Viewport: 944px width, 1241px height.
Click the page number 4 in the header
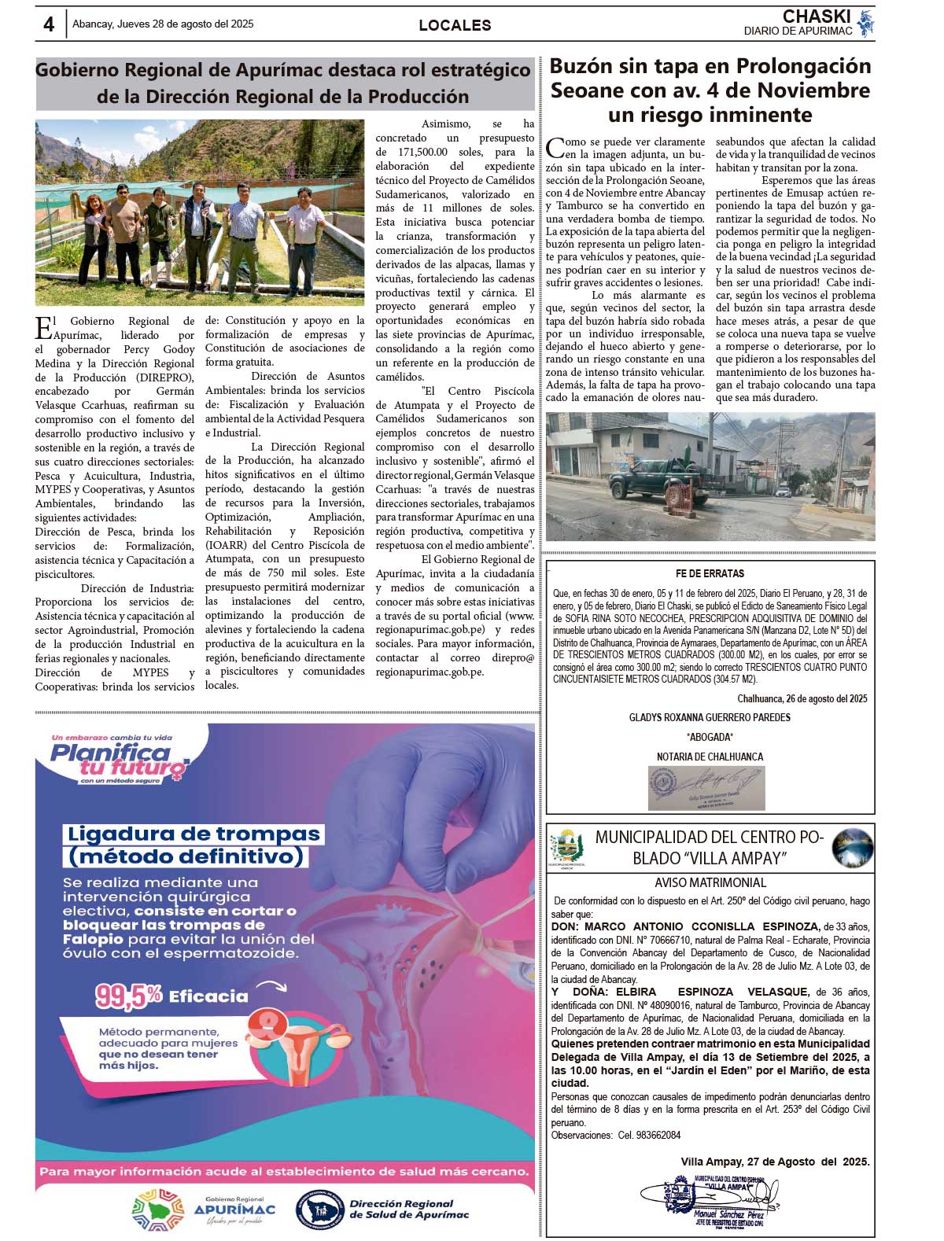[49, 25]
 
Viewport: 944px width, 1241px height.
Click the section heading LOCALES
[455, 25]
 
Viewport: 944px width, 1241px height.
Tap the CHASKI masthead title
[817, 17]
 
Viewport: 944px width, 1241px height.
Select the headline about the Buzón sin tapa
[710, 90]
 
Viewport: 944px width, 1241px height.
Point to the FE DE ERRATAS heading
[710, 574]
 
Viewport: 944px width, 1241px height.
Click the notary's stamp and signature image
[706, 787]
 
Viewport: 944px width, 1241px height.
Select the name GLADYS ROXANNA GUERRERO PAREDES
[710, 717]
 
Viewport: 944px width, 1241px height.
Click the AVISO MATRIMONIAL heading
[710, 882]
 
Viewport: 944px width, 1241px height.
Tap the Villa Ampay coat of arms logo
[567, 849]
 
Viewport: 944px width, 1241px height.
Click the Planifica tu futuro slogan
[118, 760]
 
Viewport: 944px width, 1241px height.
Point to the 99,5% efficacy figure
[128, 996]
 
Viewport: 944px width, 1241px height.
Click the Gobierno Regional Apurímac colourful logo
[158, 1209]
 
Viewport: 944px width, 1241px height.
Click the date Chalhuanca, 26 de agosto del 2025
[802, 698]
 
